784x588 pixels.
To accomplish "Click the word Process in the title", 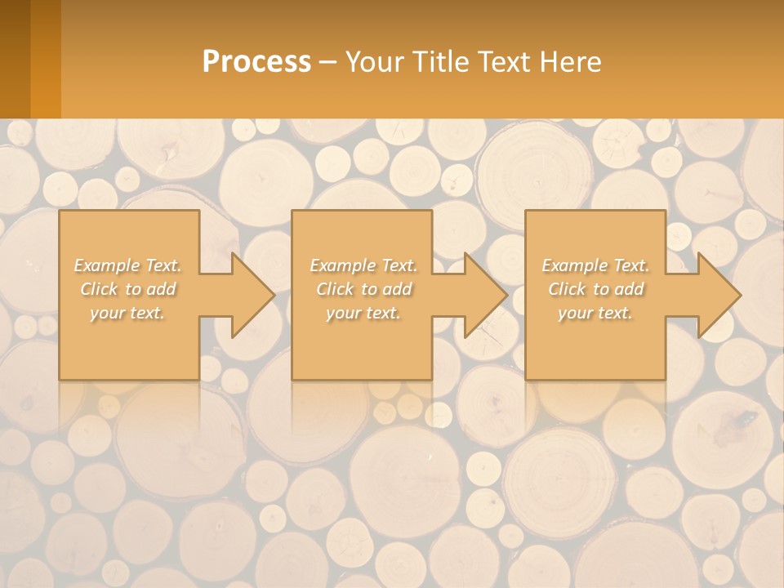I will coord(256,62).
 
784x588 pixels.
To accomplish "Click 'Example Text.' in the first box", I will coord(128,265).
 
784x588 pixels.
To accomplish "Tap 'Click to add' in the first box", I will coord(128,289).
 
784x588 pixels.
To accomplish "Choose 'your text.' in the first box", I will coord(128,313).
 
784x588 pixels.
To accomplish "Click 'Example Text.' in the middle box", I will coord(363,265).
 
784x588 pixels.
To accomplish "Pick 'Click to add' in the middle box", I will coord(363,289).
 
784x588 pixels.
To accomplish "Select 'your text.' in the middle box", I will coord(363,313).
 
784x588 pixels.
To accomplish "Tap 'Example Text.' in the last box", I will coord(595,265).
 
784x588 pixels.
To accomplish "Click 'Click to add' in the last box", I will coord(595,289).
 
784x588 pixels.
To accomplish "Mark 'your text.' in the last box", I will coord(595,313).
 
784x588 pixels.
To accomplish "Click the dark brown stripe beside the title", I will coord(15,59).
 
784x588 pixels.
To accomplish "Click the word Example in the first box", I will coord(107,265).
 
